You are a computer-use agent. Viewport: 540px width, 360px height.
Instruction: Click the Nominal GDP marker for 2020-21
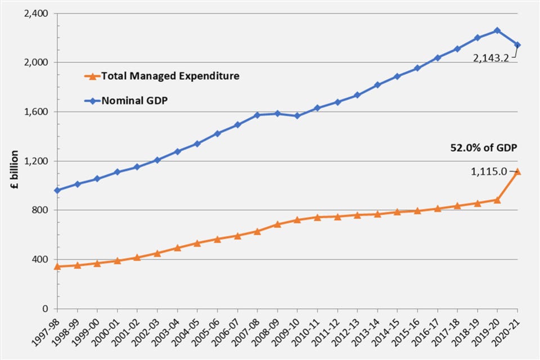pos(517,45)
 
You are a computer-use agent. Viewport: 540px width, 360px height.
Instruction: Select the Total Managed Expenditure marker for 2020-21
pos(517,172)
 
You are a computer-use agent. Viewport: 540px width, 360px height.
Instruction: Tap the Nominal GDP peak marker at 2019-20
pos(497,30)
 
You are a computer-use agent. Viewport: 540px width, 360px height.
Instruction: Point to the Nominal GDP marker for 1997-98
pos(57,190)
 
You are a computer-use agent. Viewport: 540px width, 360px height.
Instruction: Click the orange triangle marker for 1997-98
pos(57,266)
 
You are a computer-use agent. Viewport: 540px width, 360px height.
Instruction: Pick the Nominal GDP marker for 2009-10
pos(297,116)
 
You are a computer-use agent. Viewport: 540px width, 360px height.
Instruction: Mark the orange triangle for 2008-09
pos(277,224)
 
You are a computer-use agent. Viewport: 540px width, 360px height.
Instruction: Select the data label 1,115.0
pos(489,172)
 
